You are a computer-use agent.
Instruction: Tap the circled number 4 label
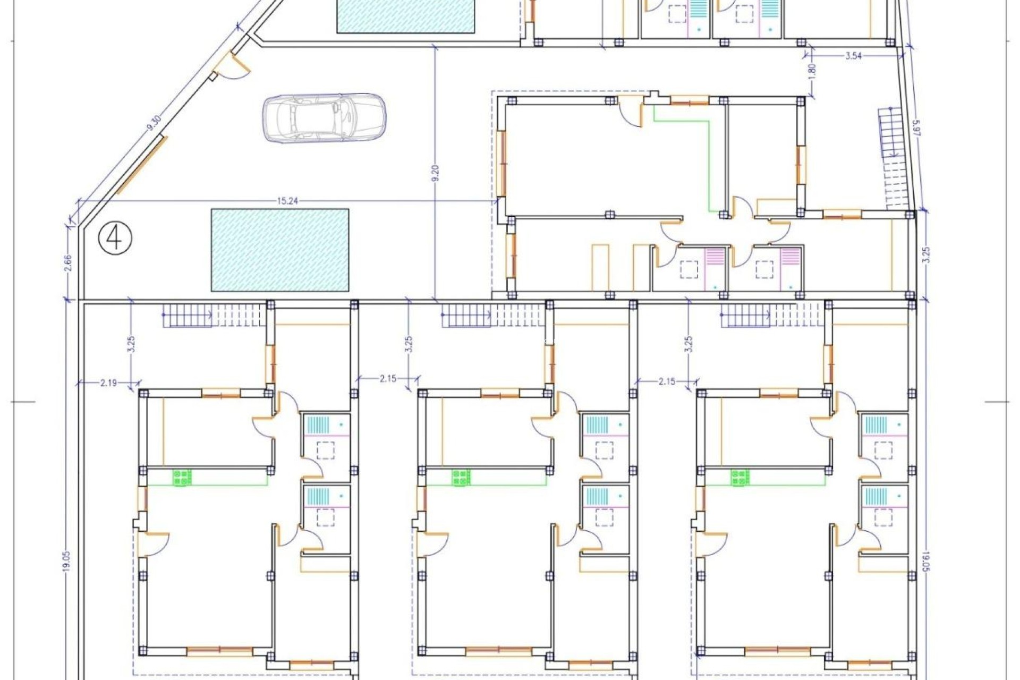[115, 238]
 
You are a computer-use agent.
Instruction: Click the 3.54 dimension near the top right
[853, 56]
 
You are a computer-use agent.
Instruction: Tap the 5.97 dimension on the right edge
[916, 130]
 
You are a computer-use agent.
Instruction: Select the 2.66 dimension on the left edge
[67, 263]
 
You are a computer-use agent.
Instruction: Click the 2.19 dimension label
[108, 381]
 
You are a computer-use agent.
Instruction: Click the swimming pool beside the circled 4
[280, 250]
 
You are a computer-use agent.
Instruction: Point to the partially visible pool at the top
[406, 16]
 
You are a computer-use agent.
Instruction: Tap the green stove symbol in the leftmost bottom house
[182, 477]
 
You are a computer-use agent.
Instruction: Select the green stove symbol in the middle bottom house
[461, 477]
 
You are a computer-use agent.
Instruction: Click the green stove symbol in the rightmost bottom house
[739, 477]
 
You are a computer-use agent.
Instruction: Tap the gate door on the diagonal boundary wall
[233, 66]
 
